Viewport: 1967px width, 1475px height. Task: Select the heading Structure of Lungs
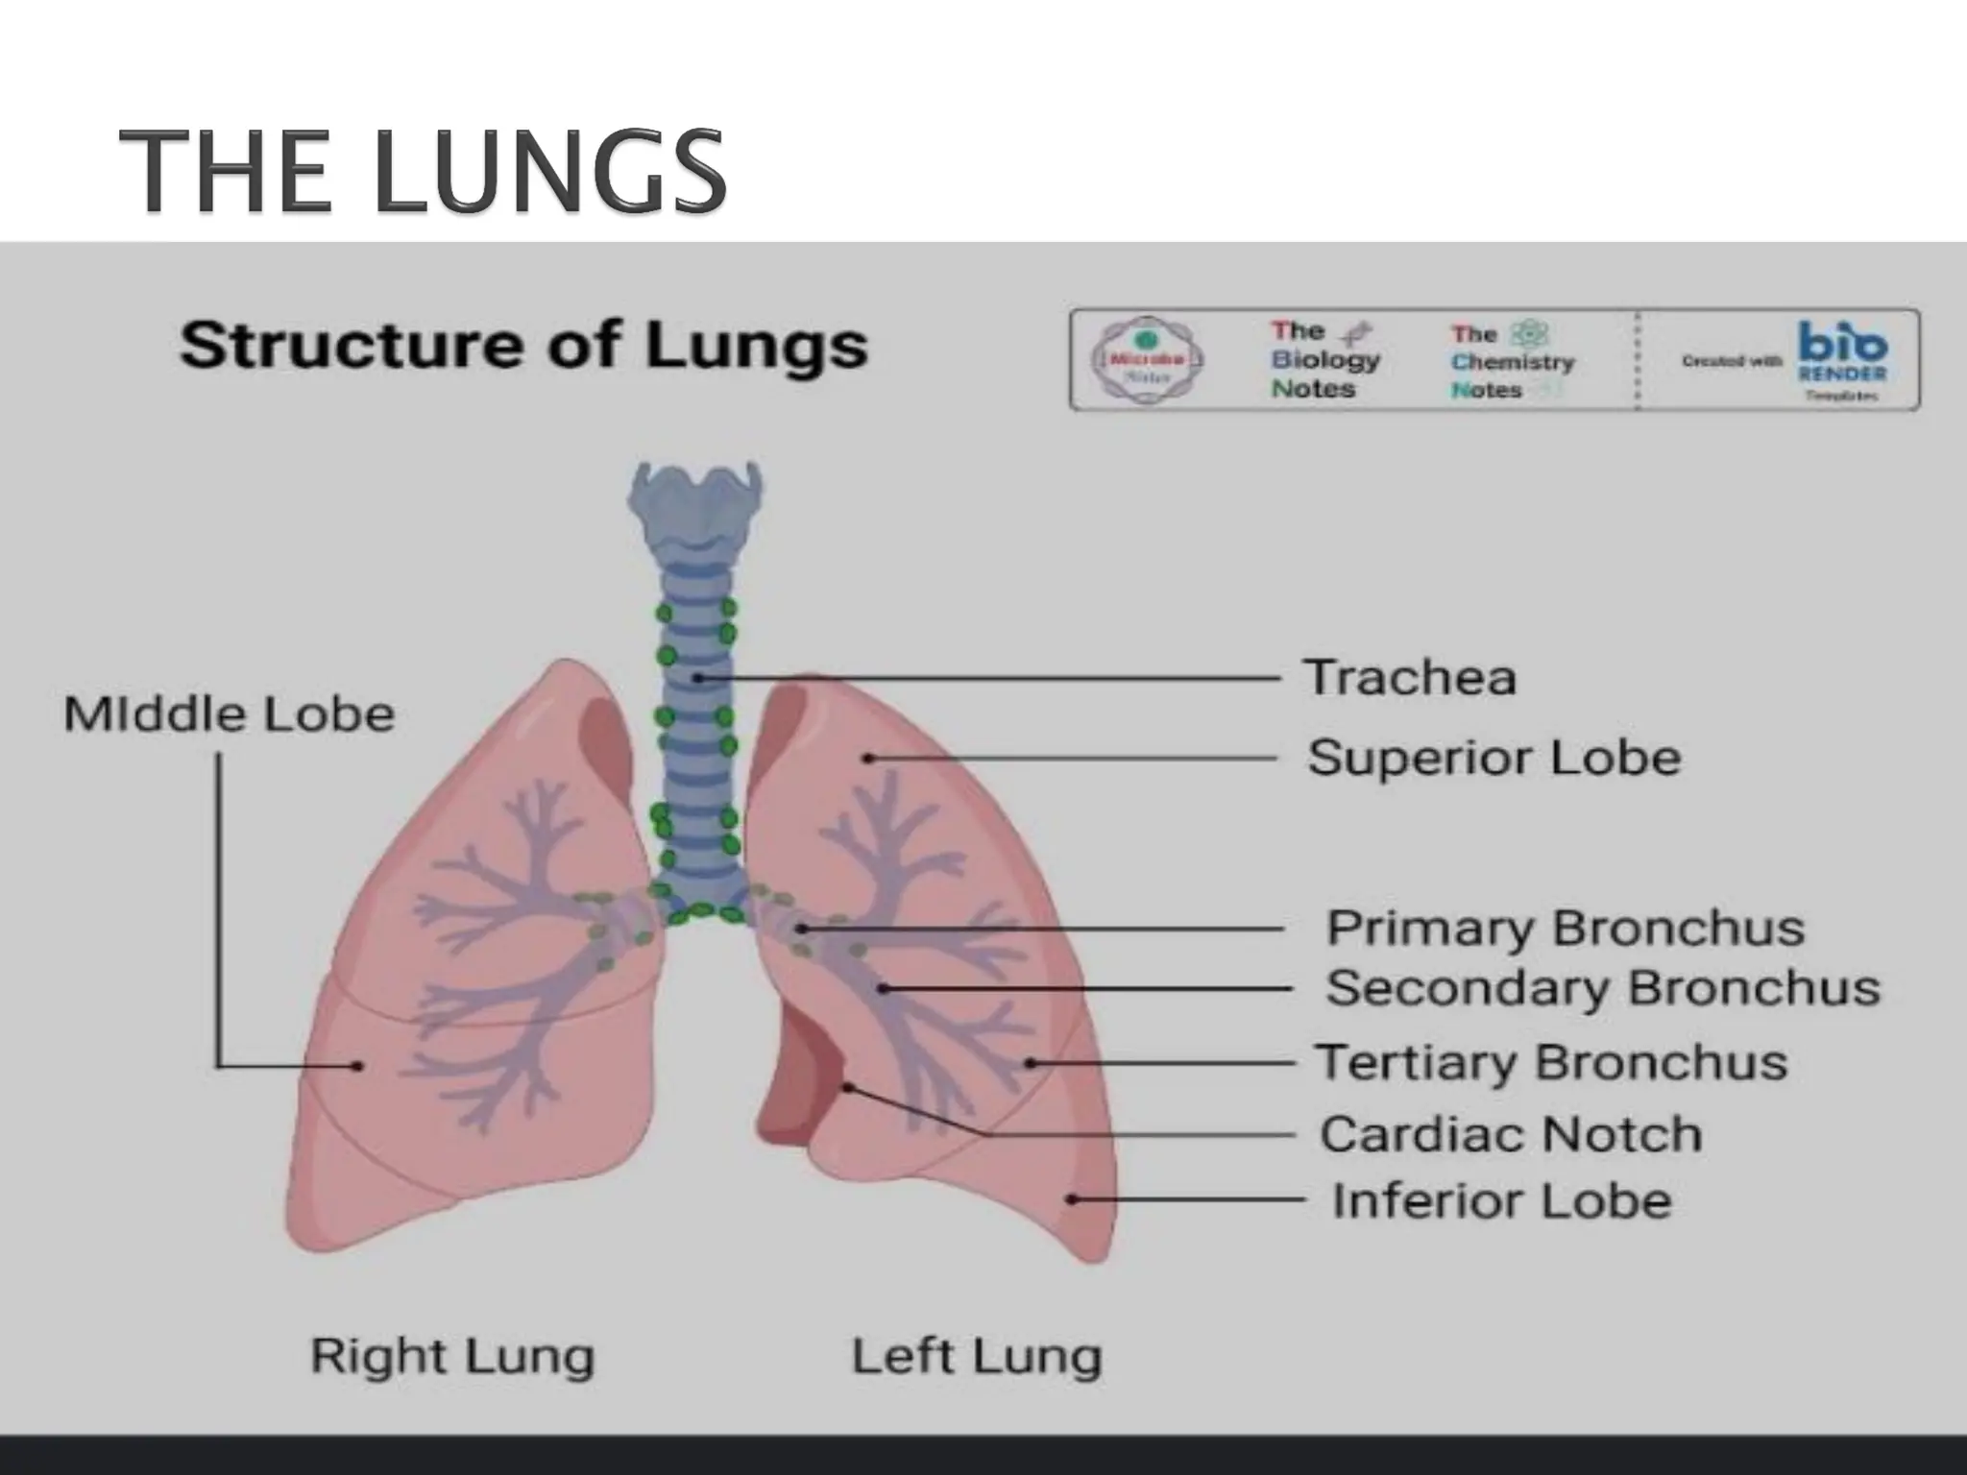coord(523,345)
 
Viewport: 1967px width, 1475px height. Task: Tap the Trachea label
coord(1409,677)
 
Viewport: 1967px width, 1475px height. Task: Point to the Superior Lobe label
coord(1493,758)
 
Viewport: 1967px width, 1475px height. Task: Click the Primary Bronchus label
coord(1565,929)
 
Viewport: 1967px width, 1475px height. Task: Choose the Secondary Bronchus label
coord(1602,988)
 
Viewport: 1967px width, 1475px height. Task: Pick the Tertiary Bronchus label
coord(1550,1063)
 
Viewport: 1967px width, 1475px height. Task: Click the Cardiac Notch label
coord(1510,1135)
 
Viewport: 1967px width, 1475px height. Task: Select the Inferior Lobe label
coord(1501,1201)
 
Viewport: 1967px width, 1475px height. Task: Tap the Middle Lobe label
coord(229,714)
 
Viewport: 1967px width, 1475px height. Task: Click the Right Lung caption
coord(451,1357)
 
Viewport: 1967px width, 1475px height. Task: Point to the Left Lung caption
coord(976,1357)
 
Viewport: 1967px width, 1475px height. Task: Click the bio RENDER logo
coord(1840,358)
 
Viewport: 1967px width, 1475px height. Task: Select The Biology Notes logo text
coord(1324,359)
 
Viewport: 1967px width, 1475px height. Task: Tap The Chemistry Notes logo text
coord(1512,361)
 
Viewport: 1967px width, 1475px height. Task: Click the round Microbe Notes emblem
coord(1146,360)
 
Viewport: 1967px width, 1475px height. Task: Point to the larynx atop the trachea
coord(695,504)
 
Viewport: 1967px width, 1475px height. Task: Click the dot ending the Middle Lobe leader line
coord(357,1066)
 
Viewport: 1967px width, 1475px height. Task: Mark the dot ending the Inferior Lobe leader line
coord(1073,1199)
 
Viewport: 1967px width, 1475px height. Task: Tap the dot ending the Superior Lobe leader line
coord(867,759)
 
